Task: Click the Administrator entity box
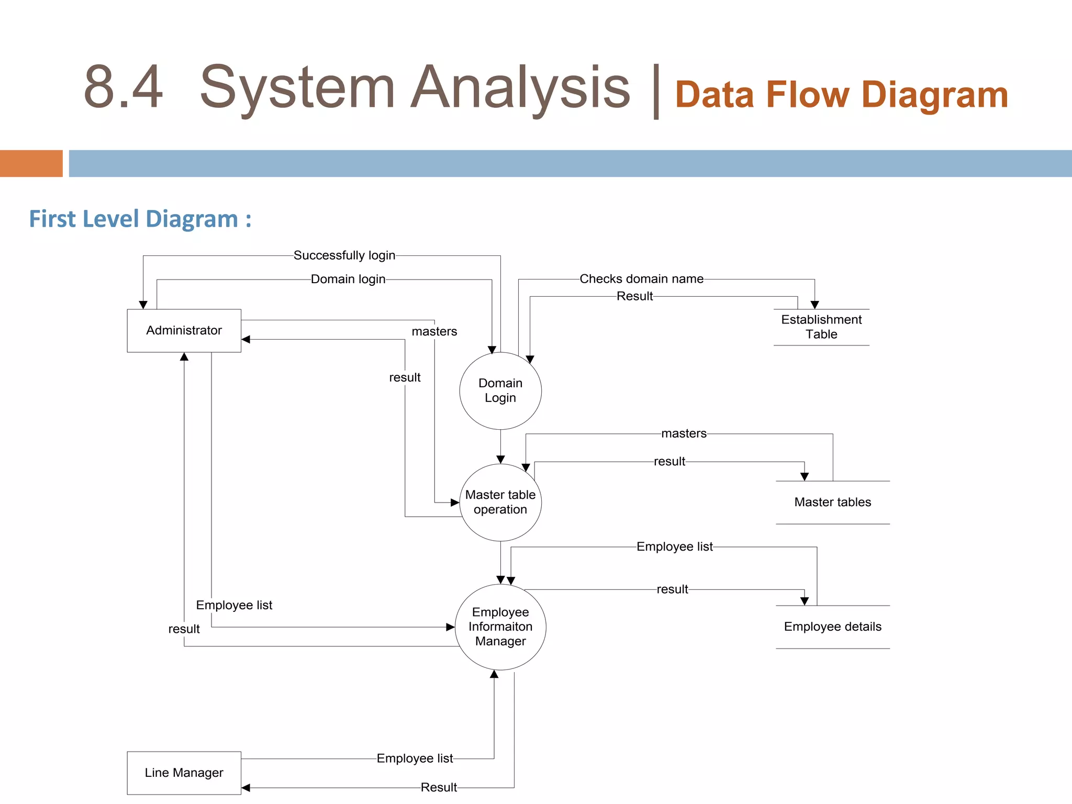[184, 330]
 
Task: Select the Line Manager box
[184, 773]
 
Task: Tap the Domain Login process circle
[500, 390]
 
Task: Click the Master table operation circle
[500, 502]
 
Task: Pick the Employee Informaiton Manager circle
[500, 627]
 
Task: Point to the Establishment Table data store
[821, 327]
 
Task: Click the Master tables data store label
[832, 502]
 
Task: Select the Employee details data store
[832, 627]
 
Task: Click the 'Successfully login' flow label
[344, 255]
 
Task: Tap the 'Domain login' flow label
[348, 279]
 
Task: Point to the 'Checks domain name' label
[641, 279]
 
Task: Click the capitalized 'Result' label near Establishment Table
[634, 296]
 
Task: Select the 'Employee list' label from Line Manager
[415, 758]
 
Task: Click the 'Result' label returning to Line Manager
[439, 787]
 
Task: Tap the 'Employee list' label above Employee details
[674, 546]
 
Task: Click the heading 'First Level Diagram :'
[140, 219]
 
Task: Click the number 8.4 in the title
[124, 87]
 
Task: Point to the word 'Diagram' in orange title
[934, 95]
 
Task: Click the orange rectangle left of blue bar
[31, 163]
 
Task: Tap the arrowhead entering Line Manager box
[245, 788]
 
